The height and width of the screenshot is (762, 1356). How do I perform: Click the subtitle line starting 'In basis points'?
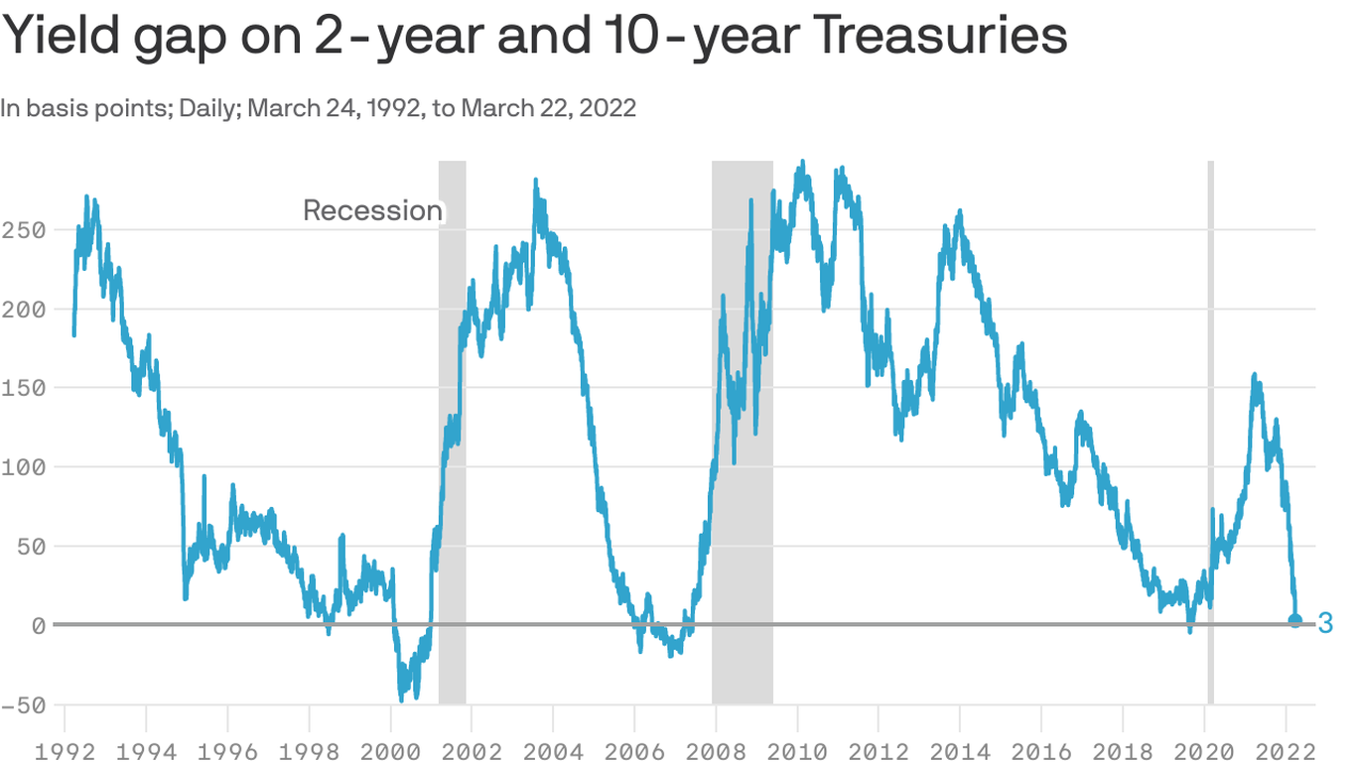[x=318, y=108]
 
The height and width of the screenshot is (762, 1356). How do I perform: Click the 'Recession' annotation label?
[x=372, y=210]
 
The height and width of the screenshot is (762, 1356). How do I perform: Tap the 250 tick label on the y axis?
[x=24, y=230]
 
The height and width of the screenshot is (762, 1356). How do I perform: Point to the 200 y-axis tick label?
[x=24, y=310]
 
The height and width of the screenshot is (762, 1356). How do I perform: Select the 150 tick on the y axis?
[x=24, y=388]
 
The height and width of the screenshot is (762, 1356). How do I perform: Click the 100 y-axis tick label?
[x=24, y=467]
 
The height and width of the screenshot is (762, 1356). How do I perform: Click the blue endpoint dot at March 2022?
[x=1294, y=620]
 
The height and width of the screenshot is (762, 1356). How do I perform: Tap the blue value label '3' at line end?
[x=1325, y=623]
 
